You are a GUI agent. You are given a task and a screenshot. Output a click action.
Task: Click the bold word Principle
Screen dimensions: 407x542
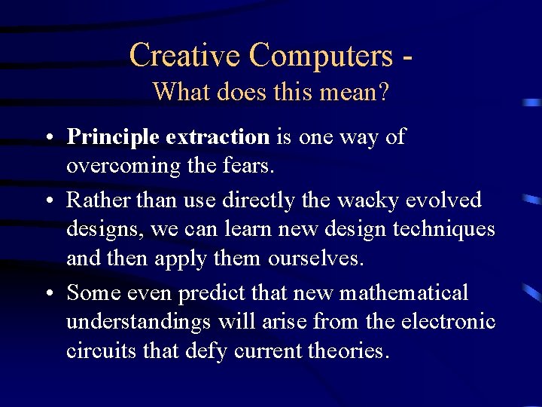[x=113, y=137]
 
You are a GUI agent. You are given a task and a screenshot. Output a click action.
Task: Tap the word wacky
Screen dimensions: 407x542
[x=362, y=200]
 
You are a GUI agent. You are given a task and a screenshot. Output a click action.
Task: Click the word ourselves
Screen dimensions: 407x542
[x=315, y=258]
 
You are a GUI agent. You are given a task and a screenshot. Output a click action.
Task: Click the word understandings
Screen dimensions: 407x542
[x=140, y=321]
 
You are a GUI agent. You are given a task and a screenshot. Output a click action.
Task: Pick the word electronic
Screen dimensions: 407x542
[x=451, y=321]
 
